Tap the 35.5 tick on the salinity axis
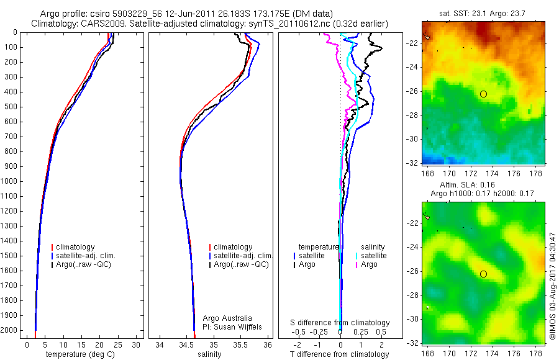pyautogui.click(x=241, y=344)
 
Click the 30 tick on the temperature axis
pyautogui.click(x=137, y=344)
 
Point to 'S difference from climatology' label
pyautogui.click(x=340, y=323)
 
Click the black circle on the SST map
pyautogui.click(x=483, y=94)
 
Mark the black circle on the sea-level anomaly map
pyautogui.click(x=483, y=274)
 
